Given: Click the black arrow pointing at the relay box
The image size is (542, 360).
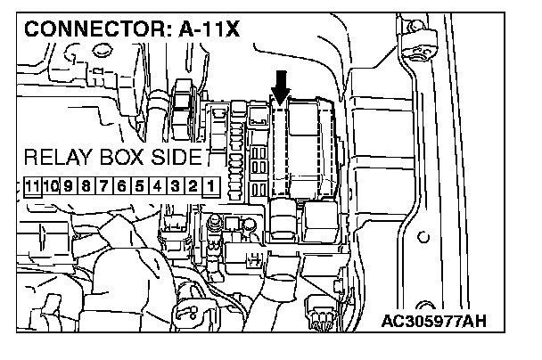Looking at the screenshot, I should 281,87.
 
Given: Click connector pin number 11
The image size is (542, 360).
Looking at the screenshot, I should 32,187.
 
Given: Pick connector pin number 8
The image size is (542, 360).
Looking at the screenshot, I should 86,187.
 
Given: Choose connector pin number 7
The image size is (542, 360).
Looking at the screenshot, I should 104,187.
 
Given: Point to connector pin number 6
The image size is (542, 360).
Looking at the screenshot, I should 121,187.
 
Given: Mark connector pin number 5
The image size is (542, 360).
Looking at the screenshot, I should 139,187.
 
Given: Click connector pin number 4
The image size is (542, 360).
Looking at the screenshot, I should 157,187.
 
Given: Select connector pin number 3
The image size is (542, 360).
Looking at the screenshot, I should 174,187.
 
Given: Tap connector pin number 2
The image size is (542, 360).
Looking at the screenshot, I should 192,187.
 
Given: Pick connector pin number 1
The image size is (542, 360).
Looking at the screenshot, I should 209,187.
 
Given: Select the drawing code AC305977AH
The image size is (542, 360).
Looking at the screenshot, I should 438,318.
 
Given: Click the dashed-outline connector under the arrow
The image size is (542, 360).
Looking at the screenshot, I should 280,147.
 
